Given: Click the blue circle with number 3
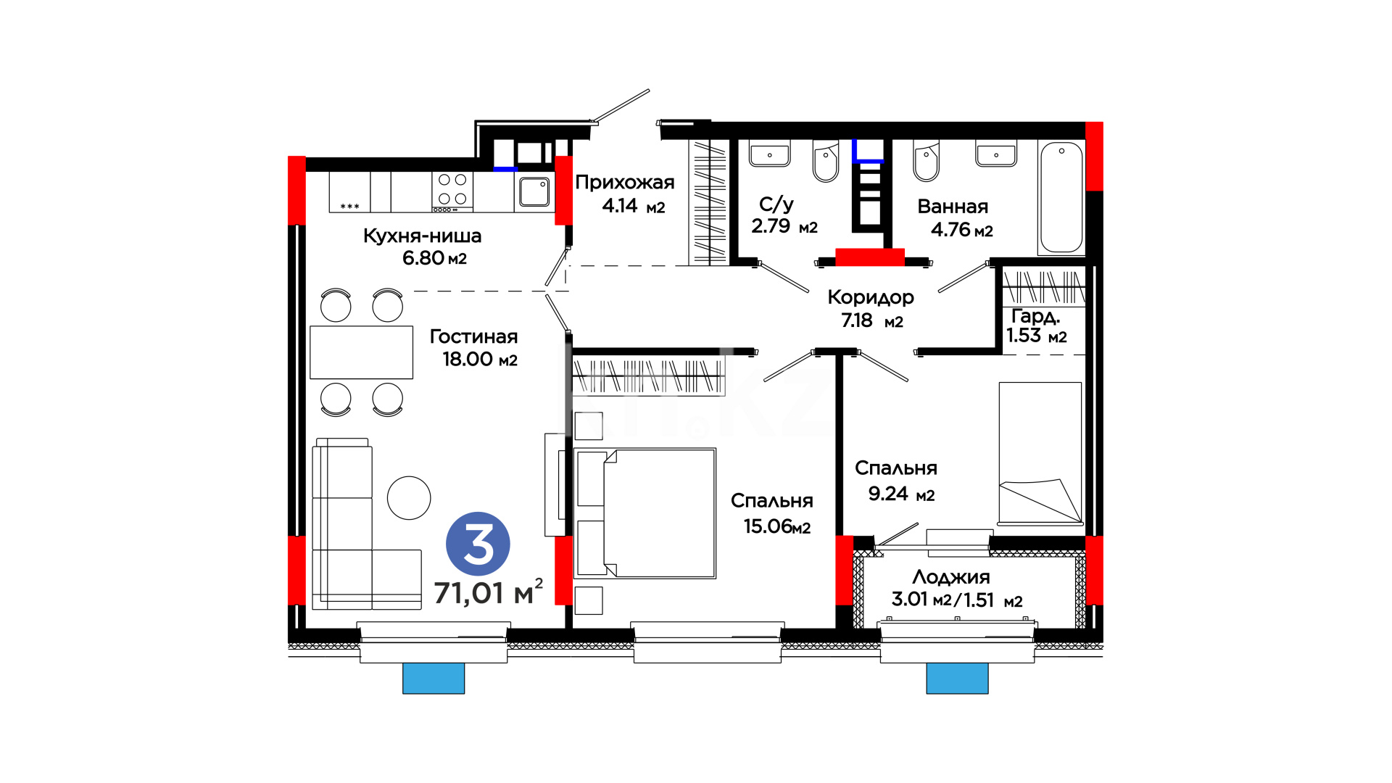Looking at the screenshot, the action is click(478, 544).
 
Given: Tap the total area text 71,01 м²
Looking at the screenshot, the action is click(488, 592).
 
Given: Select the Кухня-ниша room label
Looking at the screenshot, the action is click(422, 236).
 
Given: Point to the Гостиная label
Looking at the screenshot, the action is click(473, 336).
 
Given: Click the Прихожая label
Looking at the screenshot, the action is click(625, 182).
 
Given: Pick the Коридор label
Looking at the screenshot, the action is click(871, 297).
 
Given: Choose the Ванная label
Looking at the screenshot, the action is click(953, 207).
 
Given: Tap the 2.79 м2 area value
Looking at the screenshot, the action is click(784, 226).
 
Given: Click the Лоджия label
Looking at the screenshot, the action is click(951, 577).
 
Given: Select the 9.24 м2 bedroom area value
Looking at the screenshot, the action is click(902, 494).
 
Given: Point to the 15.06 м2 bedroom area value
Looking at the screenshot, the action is click(777, 526).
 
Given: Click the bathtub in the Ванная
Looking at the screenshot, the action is click(1061, 197).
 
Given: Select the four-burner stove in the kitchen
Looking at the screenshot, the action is click(452, 191).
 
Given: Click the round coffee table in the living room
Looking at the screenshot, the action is click(409, 498).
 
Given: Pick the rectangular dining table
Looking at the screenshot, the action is click(361, 352).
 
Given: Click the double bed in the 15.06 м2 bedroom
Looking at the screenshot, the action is click(645, 513).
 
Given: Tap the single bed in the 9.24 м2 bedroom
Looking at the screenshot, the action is click(1040, 454).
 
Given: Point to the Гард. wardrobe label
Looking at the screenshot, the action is click(1036, 317).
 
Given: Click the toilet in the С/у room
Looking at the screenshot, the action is click(826, 162).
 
